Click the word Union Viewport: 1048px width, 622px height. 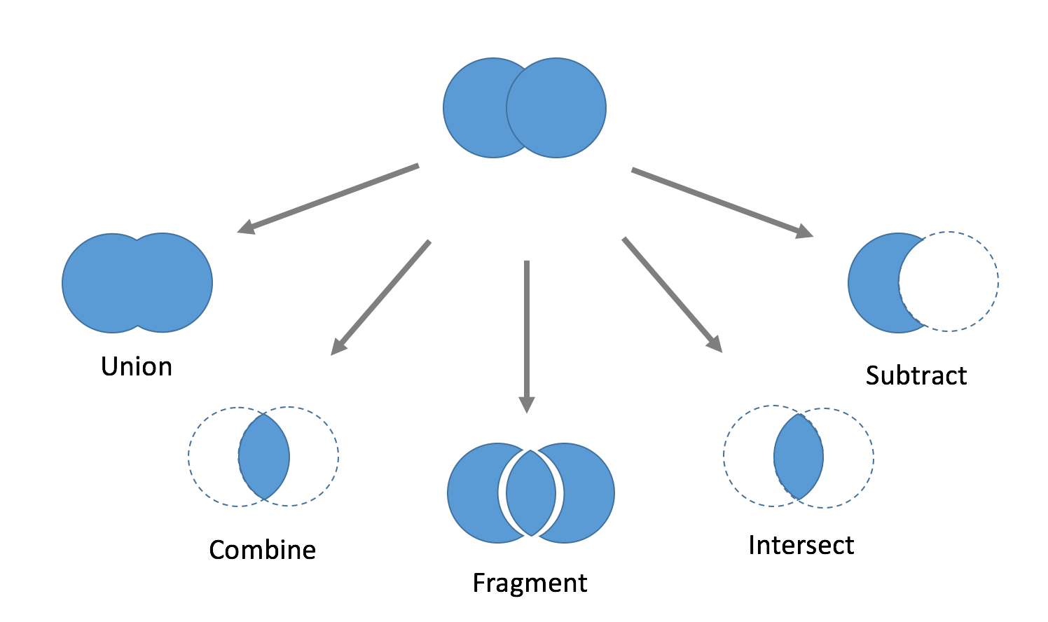[137, 367]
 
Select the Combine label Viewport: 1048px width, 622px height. [262, 550]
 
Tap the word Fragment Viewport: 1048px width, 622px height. [530, 583]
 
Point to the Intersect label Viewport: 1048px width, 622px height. [801, 545]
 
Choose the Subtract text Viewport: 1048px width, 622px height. [916, 375]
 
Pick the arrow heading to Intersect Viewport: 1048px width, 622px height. [672, 294]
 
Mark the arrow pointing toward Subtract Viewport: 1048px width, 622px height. [722, 201]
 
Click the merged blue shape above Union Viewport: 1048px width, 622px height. [137, 282]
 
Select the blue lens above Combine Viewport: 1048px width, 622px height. [264, 457]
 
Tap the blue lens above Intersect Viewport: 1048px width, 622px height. [799, 457]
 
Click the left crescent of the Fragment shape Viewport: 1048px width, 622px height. [473, 493]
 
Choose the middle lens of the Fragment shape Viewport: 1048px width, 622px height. [531, 493]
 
